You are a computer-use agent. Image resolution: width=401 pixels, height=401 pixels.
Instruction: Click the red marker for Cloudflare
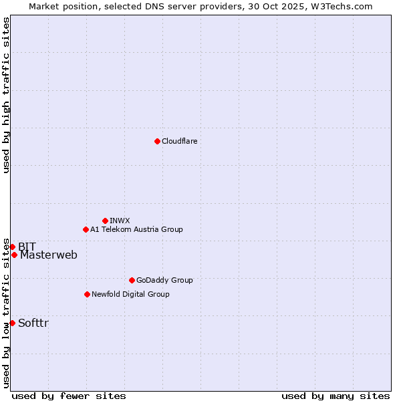[157, 141]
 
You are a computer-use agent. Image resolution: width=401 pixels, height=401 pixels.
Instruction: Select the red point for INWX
[105, 221]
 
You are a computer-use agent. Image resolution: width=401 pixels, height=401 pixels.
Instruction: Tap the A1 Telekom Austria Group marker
[86, 229]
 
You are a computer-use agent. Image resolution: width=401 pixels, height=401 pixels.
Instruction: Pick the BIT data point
[12, 247]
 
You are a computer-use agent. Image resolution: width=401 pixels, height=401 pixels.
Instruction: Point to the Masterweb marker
[14, 255]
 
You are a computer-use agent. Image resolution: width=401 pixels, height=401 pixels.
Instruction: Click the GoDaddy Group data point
[132, 280]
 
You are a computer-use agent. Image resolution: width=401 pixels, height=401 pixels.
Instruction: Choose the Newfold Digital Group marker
[87, 294]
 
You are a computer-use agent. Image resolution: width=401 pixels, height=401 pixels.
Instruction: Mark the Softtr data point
[12, 323]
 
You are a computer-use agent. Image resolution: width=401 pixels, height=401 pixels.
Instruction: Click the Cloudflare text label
[179, 141]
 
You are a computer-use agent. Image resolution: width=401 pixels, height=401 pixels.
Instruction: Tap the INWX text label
[120, 221]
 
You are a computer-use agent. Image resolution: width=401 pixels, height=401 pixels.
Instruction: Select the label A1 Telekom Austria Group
[136, 229]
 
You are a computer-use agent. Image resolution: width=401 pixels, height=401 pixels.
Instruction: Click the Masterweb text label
[48, 255]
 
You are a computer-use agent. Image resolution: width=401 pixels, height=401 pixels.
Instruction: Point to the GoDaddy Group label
[164, 280]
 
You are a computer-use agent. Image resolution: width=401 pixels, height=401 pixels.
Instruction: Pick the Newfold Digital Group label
[130, 294]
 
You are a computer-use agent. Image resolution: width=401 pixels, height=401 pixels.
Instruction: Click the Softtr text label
[33, 323]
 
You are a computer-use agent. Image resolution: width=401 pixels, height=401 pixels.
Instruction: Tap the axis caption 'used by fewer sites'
[69, 396]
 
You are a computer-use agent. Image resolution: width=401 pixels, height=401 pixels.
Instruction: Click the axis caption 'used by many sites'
[335, 396]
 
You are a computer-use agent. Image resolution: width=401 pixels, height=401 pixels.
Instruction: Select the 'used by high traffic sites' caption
[6, 95]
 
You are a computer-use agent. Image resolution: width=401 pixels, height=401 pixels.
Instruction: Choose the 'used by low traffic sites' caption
[6, 313]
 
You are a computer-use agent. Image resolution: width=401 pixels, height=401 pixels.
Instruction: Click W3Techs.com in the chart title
[340, 6]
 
